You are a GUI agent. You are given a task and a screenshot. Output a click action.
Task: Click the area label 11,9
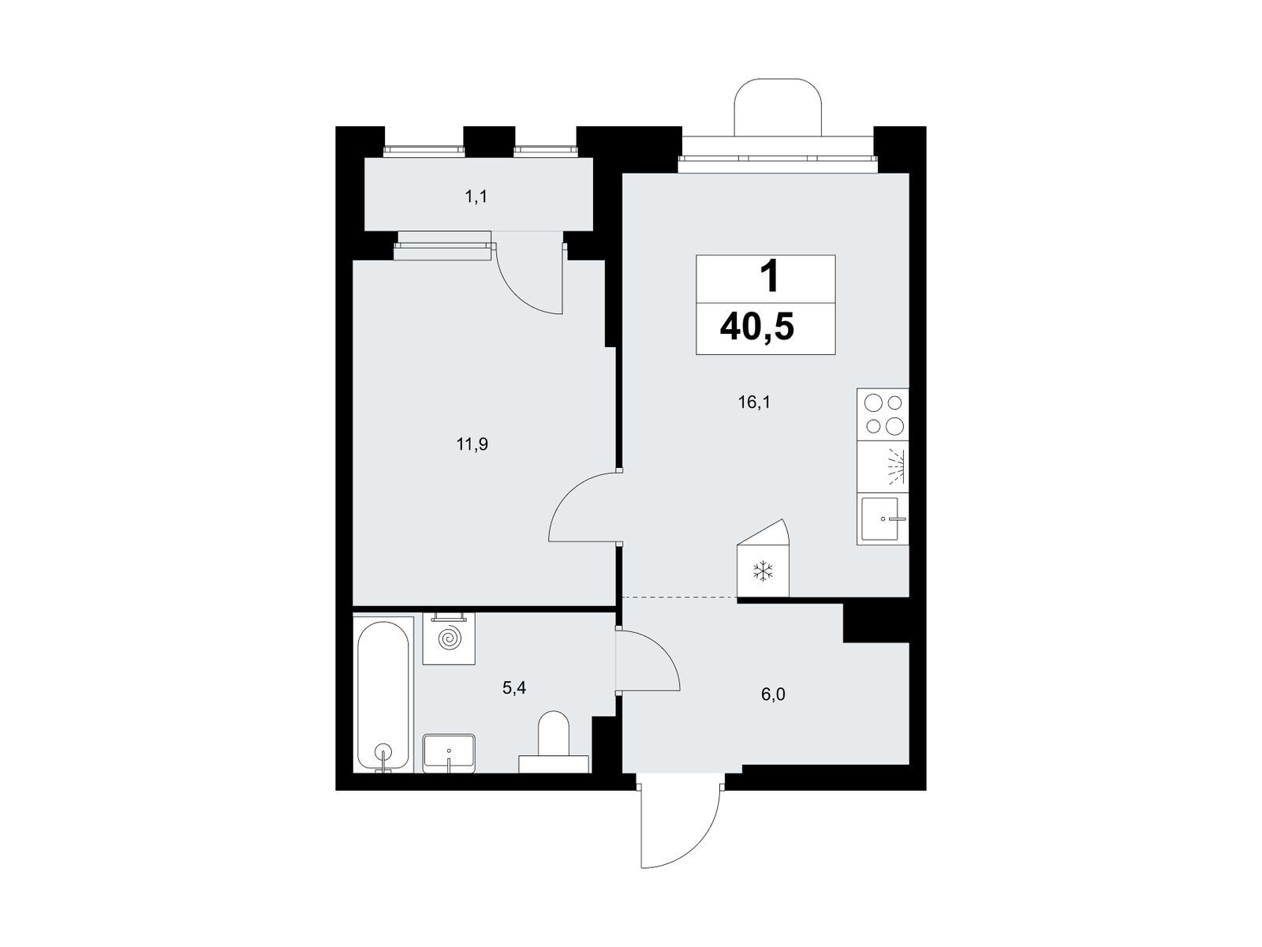(x=472, y=444)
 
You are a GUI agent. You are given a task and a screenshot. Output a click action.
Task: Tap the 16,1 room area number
(x=754, y=402)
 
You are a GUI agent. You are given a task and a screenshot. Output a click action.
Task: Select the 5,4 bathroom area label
(x=514, y=687)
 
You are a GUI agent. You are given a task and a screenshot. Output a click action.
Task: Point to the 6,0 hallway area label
(x=773, y=694)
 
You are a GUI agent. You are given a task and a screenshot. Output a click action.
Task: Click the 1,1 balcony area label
(x=476, y=197)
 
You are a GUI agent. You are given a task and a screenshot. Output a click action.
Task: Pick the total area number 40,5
(x=756, y=328)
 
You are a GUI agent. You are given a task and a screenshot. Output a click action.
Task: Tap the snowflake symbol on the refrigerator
(x=763, y=571)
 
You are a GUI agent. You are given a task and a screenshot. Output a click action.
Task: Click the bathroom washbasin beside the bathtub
(x=449, y=753)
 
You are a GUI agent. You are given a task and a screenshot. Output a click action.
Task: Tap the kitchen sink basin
(x=879, y=518)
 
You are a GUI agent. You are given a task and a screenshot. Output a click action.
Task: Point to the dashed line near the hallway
(x=679, y=598)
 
